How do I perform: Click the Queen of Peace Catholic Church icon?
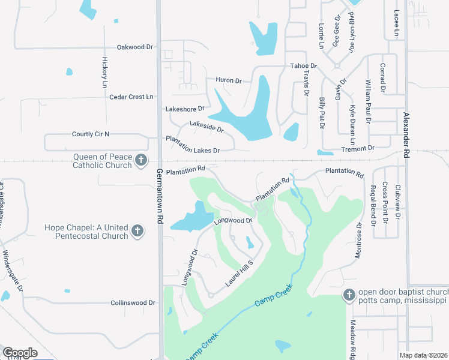(x=140, y=160)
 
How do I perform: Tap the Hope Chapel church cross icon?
(x=137, y=231)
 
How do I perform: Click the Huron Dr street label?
(x=228, y=80)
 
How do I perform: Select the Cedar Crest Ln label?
(x=131, y=97)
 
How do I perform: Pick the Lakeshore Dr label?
(x=185, y=109)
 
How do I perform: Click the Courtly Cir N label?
(x=91, y=134)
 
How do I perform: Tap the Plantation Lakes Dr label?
(x=193, y=144)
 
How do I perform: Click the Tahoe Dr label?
(x=303, y=66)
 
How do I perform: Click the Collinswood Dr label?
(x=133, y=303)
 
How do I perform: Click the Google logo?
(x=20, y=352)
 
